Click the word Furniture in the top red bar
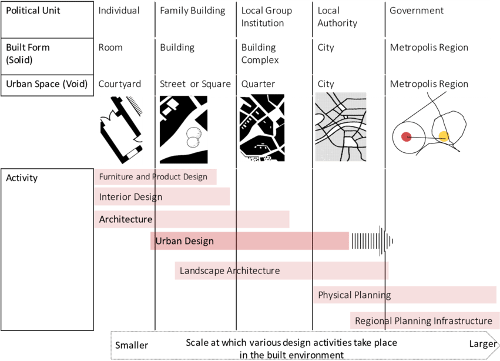click(116, 177)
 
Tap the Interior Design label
click(130, 197)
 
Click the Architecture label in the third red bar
click(126, 219)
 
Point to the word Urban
click(167, 241)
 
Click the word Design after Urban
click(199, 241)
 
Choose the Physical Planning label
click(354, 295)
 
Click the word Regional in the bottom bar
click(374, 321)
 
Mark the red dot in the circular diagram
click(405, 137)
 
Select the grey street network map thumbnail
click(340, 127)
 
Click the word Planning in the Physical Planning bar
click(373, 295)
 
